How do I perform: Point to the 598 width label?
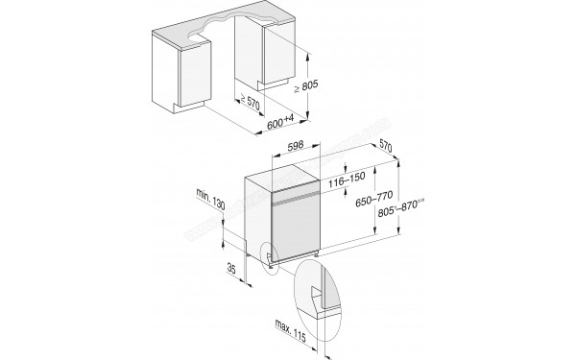tap(297, 147)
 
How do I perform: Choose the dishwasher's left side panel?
tap(254, 216)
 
